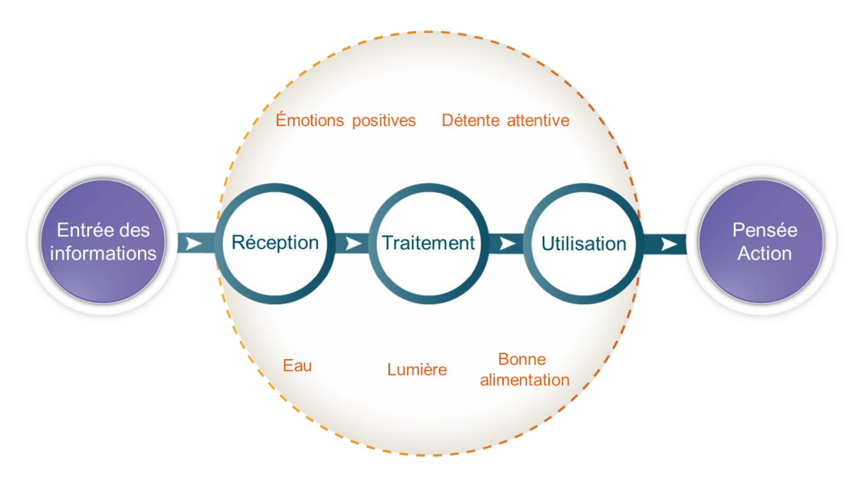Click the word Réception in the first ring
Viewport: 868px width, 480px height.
[275, 243]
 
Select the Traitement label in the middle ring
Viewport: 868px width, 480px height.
[429, 243]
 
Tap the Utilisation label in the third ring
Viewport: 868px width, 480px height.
[583, 244]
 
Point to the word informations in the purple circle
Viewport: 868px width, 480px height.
[103, 253]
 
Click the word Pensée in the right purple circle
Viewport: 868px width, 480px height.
[765, 231]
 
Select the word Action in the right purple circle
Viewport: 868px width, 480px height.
[765, 253]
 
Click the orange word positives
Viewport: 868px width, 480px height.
[384, 121]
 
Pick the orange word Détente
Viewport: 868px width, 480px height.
[472, 120]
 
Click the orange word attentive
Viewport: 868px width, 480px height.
[539, 121]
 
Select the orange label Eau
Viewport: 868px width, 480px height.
[297, 365]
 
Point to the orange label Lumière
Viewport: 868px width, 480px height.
[417, 370]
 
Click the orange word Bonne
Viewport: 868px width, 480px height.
[522, 360]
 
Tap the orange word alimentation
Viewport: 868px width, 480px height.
[525, 380]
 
